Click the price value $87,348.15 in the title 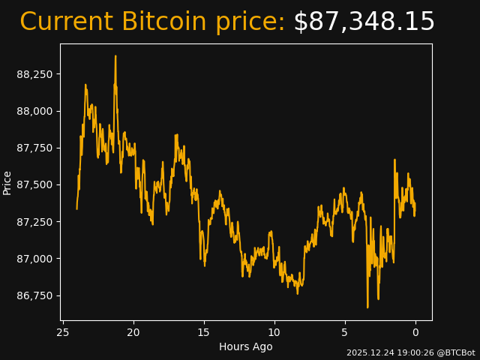click(364, 22)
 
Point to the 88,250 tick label click(35, 74)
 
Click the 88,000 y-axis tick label click(35, 111)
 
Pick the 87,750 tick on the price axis click(35, 148)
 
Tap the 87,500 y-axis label click(35, 184)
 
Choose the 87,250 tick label click(35, 222)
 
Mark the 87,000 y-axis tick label click(35, 259)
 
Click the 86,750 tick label click(35, 295)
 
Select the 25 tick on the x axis click(63, 332)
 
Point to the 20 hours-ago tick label click(133, 332)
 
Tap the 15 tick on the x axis click(204, 332)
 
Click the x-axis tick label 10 click(274, 332)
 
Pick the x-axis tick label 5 click(345, 332)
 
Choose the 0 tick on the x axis click(415, 332)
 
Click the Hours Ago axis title click(246, 346)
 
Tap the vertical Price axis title click(7, 182)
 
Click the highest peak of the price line click(115, 56)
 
